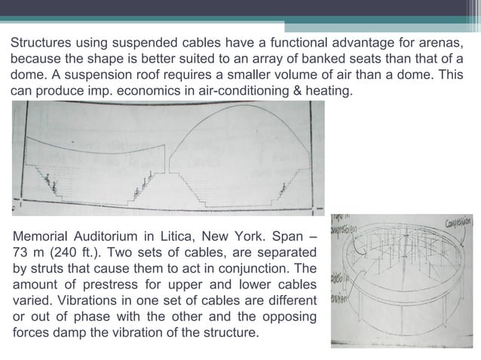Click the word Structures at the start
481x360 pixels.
(38, 43)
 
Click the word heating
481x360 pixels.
(326, 91)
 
